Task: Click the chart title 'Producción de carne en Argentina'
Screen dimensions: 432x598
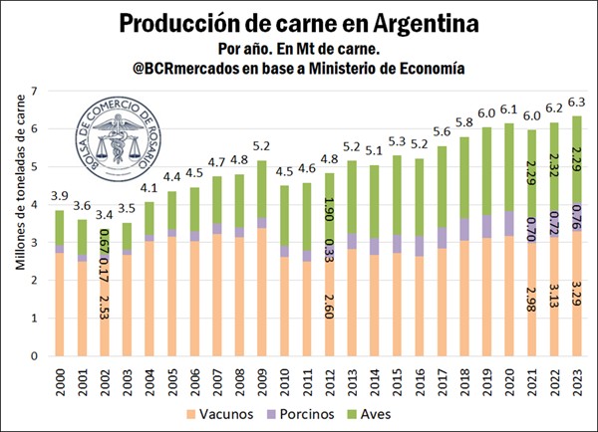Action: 298,22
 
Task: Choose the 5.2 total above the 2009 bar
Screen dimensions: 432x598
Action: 261,145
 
